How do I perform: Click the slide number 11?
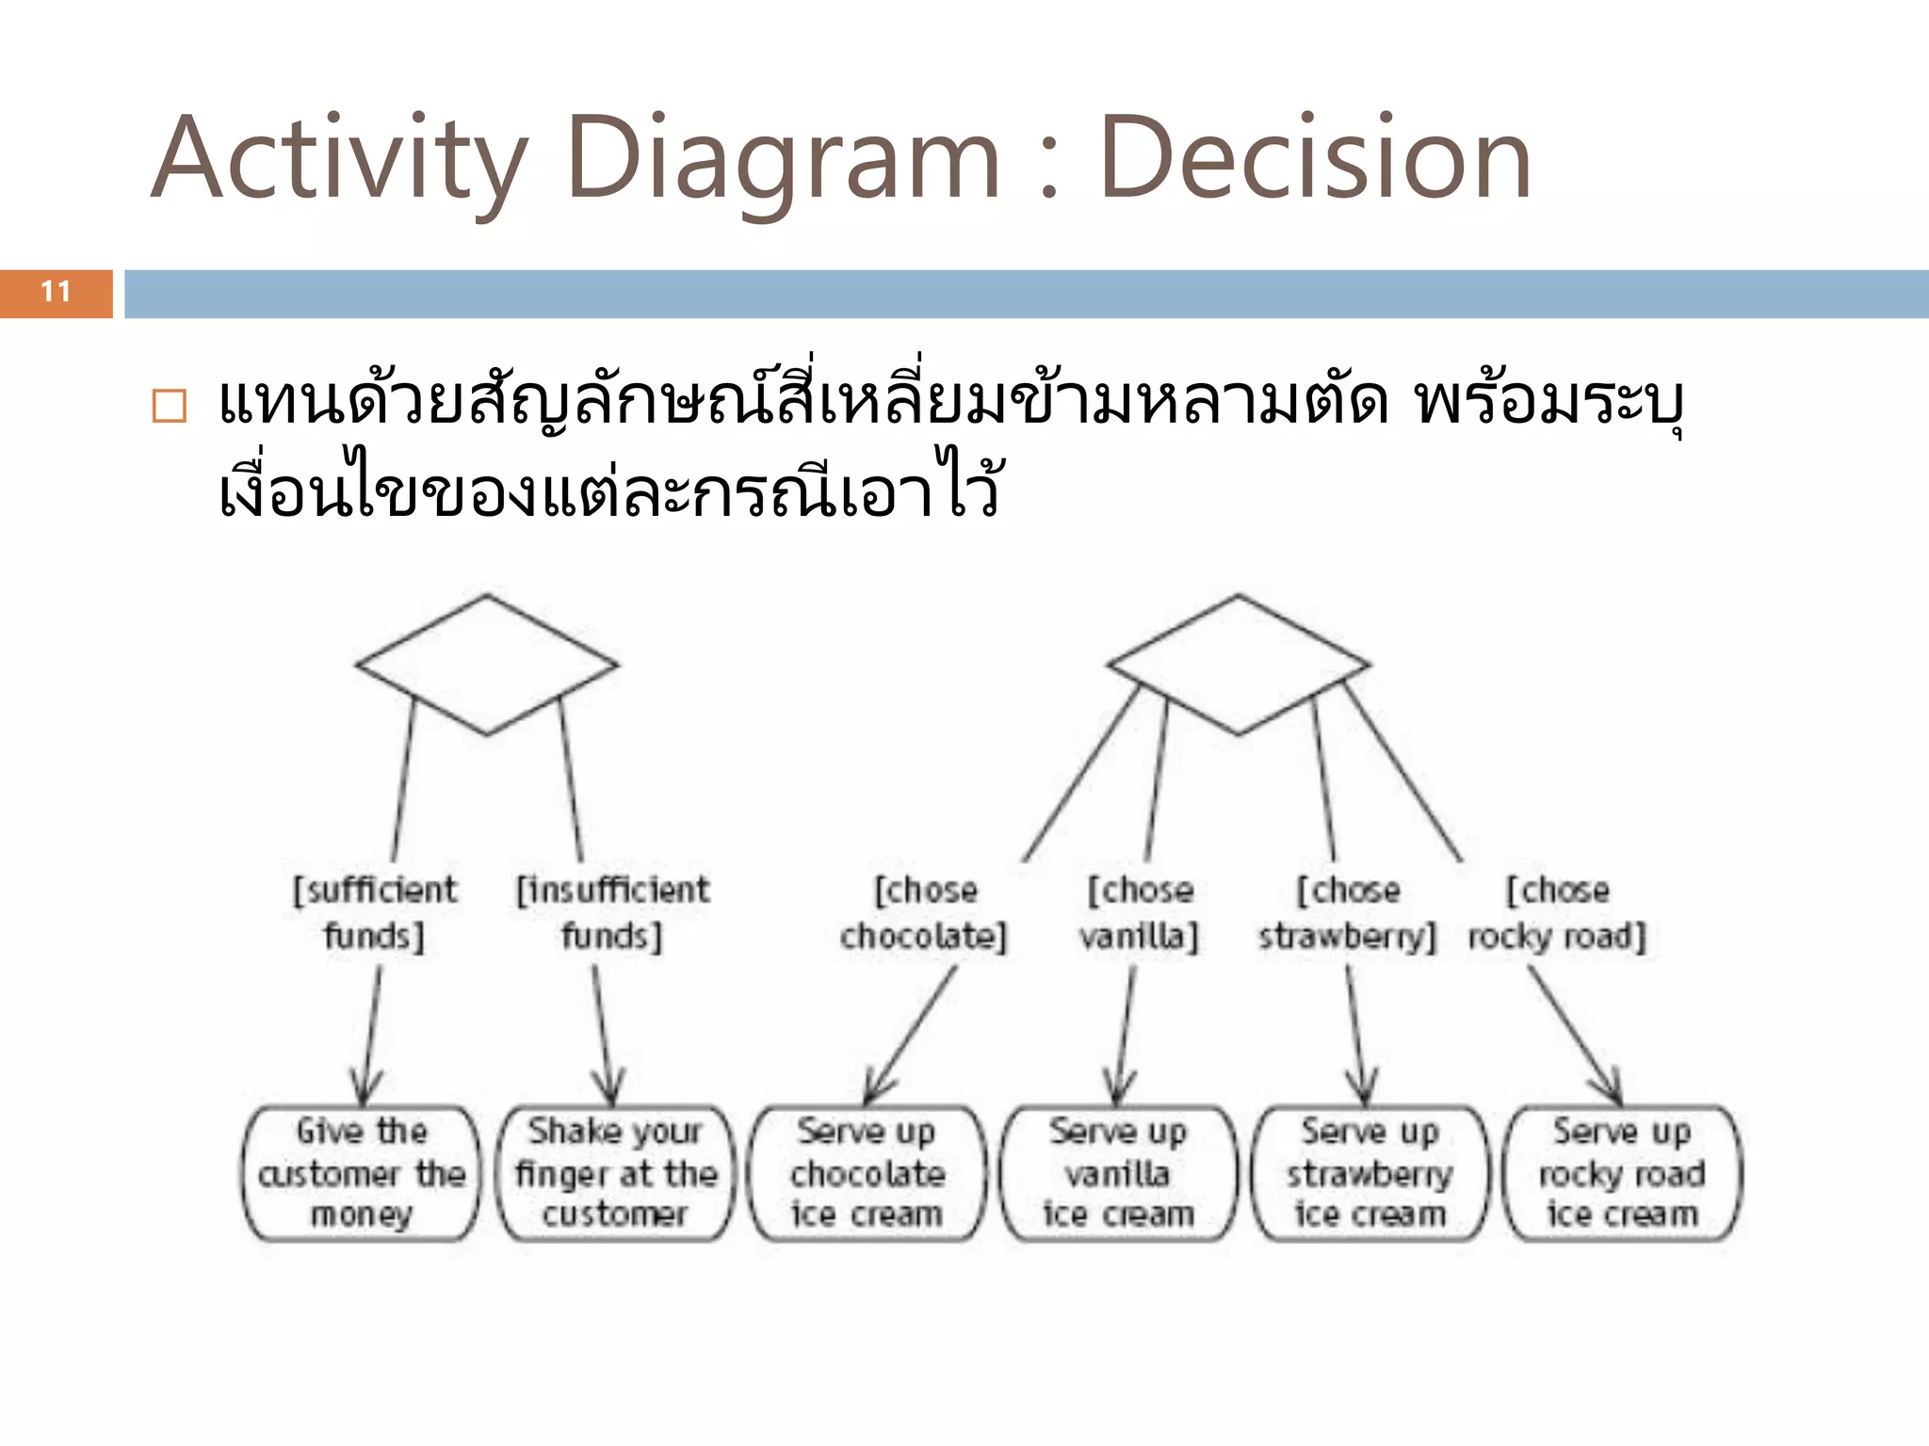[56, 293]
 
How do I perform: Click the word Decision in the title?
[1315, 158]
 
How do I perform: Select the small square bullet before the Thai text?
[170, 406]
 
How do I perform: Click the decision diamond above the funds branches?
[487, 665]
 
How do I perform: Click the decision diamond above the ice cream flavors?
[1238, 665]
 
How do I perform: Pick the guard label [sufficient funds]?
[374, 912]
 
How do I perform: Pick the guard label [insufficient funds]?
[612, 912]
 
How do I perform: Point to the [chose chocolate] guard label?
[924, 912]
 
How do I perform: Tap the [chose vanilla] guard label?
[1139, 912]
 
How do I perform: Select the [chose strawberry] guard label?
[1347, 912]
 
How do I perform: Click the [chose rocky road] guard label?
[1557, 912]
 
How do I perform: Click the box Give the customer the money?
[362, 1173]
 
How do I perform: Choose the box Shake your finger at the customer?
[615, 1173]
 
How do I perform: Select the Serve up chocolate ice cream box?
[867, 1173]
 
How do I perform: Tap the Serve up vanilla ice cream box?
[1118, 1173]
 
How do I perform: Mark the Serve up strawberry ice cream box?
[1370, 1173]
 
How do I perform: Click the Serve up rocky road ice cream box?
[1622, 1173]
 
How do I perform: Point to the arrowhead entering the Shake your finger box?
[610, 1092]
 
